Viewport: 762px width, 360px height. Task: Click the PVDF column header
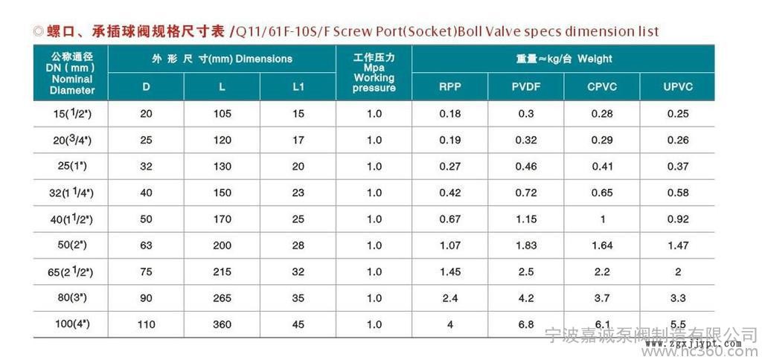tap(526, 86)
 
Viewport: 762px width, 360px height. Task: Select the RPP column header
tap(450, 86)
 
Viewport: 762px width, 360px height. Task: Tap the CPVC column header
tap(601, 86)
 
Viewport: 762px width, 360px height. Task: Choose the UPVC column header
tap(677, 86)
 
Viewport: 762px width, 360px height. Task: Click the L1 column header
tap(298, 86)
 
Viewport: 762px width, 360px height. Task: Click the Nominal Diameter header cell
tap(72, 72)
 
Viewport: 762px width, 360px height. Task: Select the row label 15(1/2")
tap(72, 113)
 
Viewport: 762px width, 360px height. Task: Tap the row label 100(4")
tap(72, 324)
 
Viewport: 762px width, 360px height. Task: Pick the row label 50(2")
tap(72, 245)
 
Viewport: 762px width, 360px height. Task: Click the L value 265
tap(222, 298)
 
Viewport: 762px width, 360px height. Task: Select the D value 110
tap(146, 324)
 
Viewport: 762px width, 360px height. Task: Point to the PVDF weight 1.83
tap(526, 245)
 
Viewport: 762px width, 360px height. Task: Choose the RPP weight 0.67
tap(450, 219)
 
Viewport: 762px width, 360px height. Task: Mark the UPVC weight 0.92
tap(677, 219)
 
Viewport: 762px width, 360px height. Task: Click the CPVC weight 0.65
tap(601, 193)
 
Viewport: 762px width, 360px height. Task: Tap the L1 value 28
tap(298, 245)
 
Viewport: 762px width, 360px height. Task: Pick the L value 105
tap(222, 113)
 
